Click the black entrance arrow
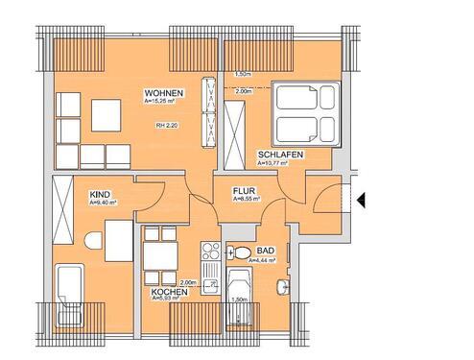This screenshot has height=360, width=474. (x=363, y=200)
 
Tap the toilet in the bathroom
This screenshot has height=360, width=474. (x=238, y=253)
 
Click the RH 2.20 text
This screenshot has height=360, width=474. (x=167, y=125)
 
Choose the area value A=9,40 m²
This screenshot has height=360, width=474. (x=102, y=203)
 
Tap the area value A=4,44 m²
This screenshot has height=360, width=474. (x=262, y=260)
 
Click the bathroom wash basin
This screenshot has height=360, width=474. (x=279, y=285)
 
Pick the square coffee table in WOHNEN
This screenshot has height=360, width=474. (x=105, y=116)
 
